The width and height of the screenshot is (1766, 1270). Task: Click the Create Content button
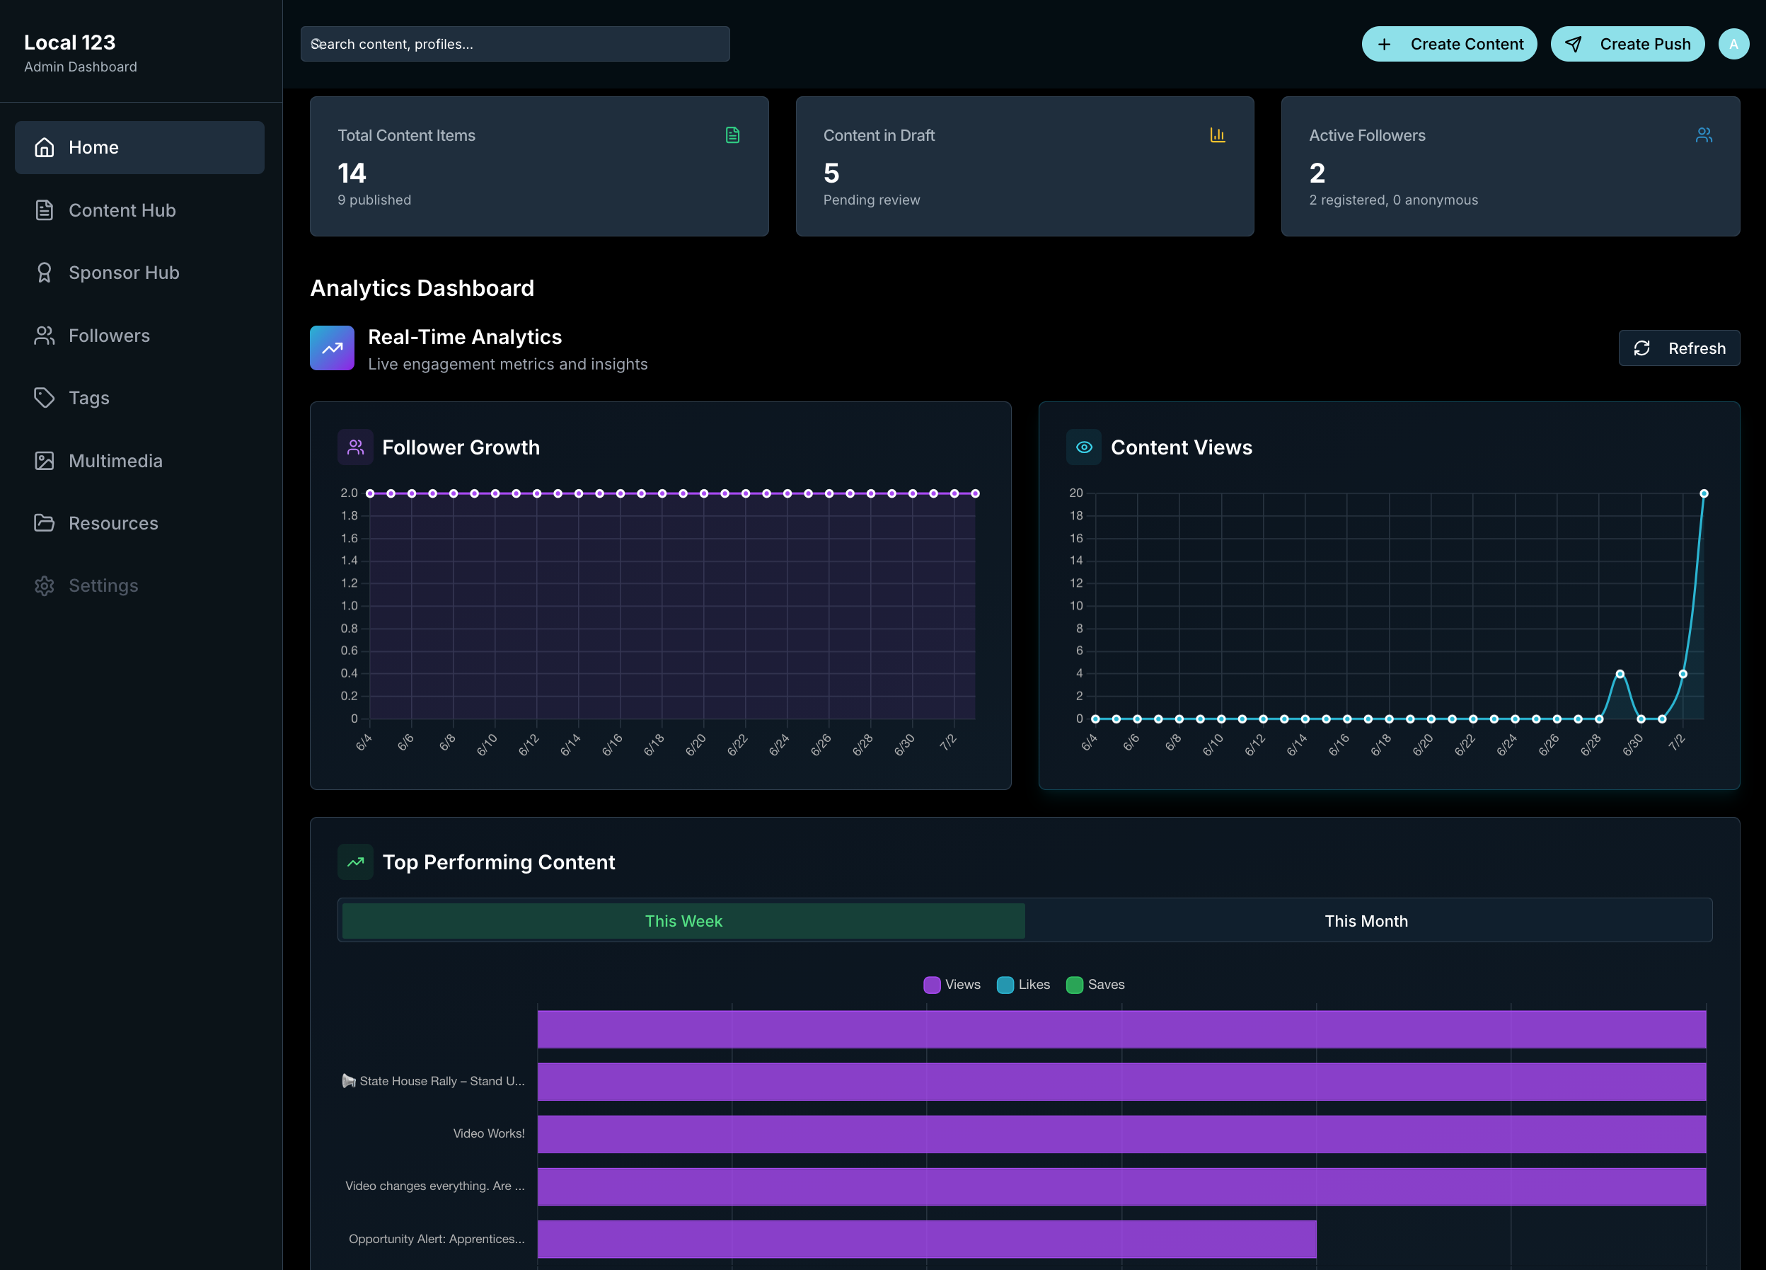(x=1449, y=44)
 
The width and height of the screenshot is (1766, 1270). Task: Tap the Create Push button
(x=1627, y=44)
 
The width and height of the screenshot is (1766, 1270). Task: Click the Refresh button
(x=1679, y=348)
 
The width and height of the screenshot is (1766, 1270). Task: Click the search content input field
(x=516, y=44)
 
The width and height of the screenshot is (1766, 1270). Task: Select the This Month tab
(x=1366, y=921)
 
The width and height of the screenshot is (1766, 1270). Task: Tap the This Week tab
(x=683, y=921)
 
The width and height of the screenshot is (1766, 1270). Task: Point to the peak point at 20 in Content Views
(x=1704, y=493)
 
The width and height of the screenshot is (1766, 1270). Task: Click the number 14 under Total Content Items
(x=352, y=173)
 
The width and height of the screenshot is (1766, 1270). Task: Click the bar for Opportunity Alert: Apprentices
(x=927, y=1239)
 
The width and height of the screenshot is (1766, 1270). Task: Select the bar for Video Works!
(x=1121, y=1133)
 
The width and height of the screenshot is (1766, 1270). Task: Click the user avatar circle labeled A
(x=1733, y=44)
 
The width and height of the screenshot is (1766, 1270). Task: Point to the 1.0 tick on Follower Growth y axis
(x=349, y=605)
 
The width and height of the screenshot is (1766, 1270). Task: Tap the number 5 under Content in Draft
(x=831, y=173)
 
